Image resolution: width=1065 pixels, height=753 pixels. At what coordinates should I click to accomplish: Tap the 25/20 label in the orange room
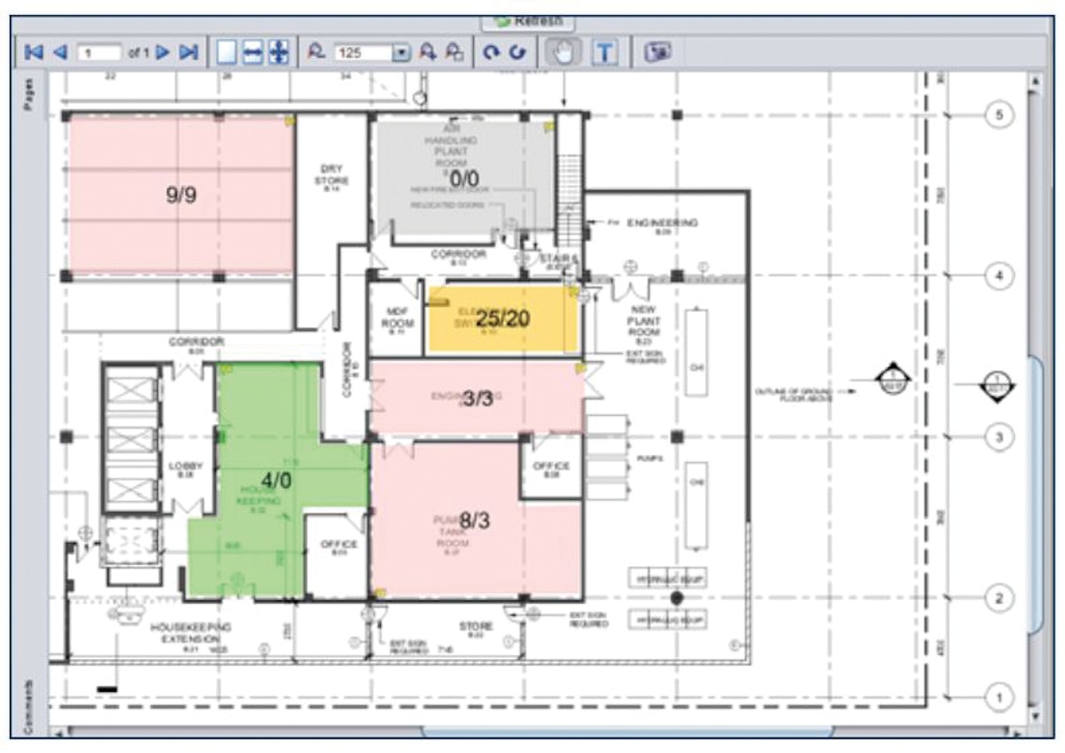tap(502, 319)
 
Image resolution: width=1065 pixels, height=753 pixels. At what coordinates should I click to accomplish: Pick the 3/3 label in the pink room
tap(477, 398)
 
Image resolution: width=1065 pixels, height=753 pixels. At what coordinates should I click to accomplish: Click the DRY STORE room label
tap(332, 175)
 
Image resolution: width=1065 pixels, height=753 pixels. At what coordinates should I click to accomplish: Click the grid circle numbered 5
tap(999, 115)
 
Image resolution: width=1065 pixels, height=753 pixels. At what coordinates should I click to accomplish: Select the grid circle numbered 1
tap(999, 698)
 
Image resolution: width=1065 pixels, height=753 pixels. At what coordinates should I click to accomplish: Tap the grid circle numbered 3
tap(999, 437)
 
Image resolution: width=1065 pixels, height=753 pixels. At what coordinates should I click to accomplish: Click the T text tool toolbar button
tap(604, 52)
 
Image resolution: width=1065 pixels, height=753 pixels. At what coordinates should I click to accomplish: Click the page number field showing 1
tap(99, 53)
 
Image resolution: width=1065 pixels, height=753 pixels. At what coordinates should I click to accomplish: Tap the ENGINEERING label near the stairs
tap(662, 224)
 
